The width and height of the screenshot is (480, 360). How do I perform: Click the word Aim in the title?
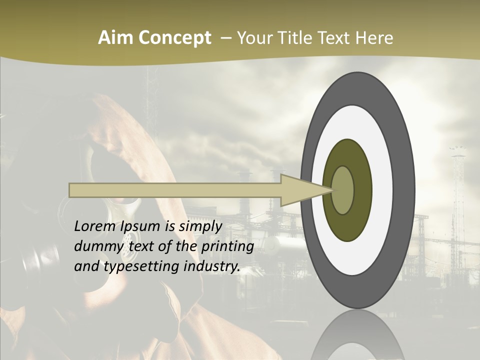(x=112, y=38)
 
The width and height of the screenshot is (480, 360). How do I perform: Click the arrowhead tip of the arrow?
(x=330, y=190)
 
